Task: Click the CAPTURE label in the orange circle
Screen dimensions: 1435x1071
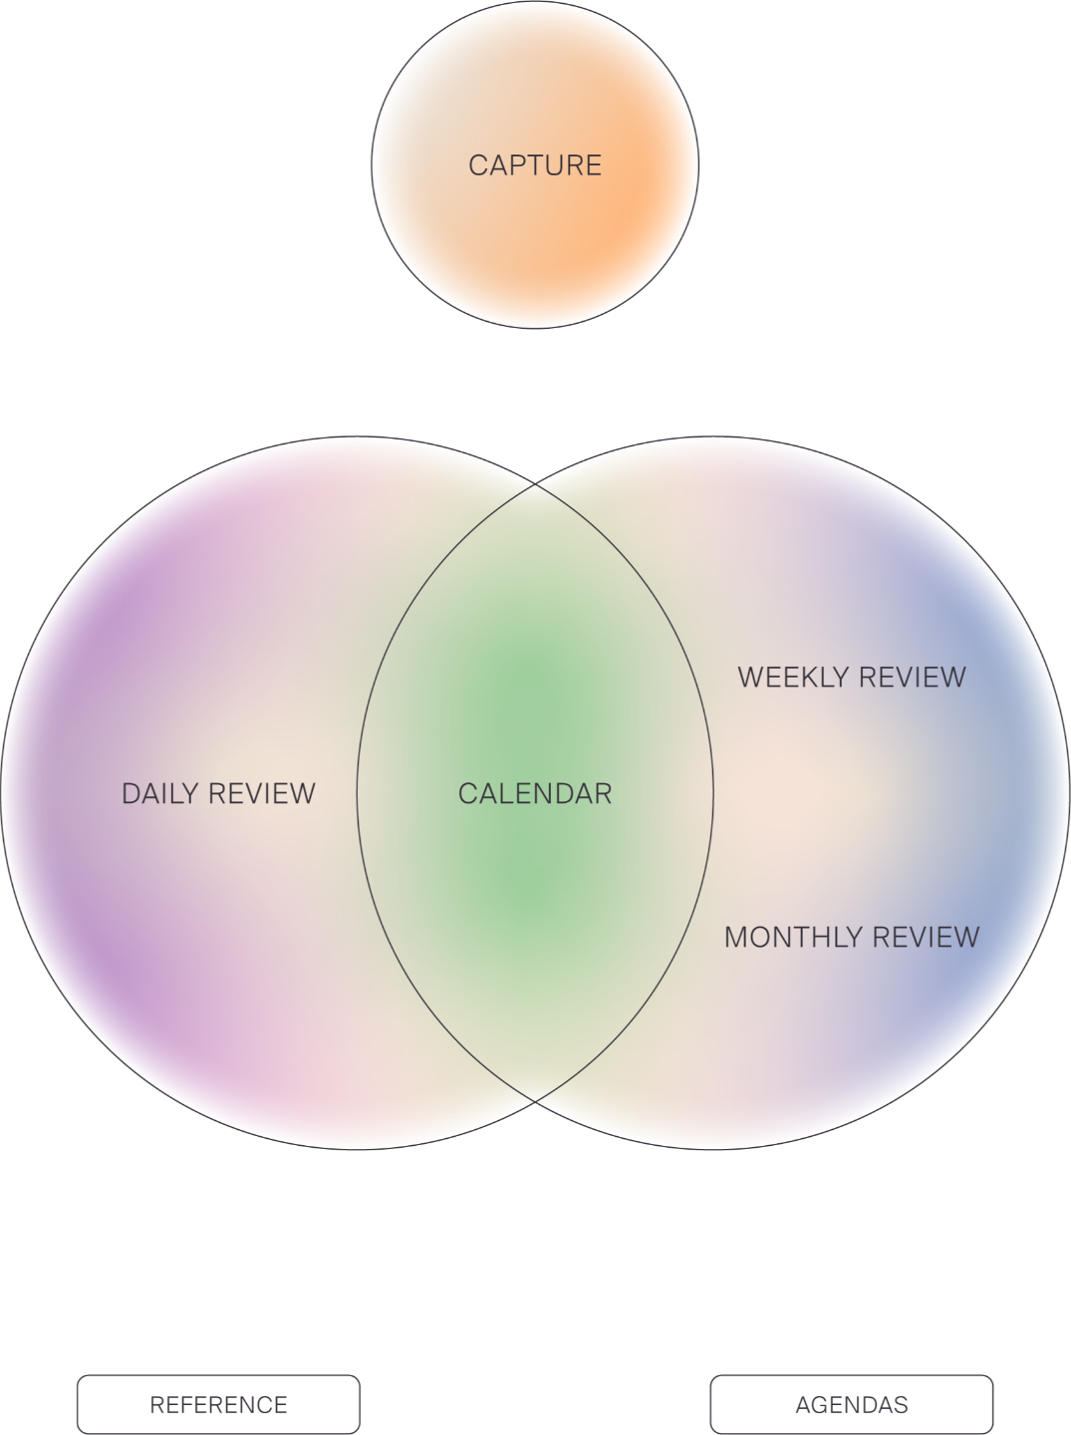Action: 535,164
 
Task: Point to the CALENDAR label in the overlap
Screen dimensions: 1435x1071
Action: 535,793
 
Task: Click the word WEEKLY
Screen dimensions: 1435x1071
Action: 791,677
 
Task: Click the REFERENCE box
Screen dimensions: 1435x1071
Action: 218,1405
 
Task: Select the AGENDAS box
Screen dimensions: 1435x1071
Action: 851,1405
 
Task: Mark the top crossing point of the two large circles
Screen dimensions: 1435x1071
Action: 536,484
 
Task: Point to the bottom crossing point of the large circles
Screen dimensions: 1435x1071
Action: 536,1101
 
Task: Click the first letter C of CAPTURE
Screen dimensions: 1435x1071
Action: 478,164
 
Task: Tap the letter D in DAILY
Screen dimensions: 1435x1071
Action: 131,793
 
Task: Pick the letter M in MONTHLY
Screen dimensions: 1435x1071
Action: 736,937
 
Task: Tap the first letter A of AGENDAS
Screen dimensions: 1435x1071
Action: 802,1405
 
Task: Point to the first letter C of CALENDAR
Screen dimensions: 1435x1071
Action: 467,793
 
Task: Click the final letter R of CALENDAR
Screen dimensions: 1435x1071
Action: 604,793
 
